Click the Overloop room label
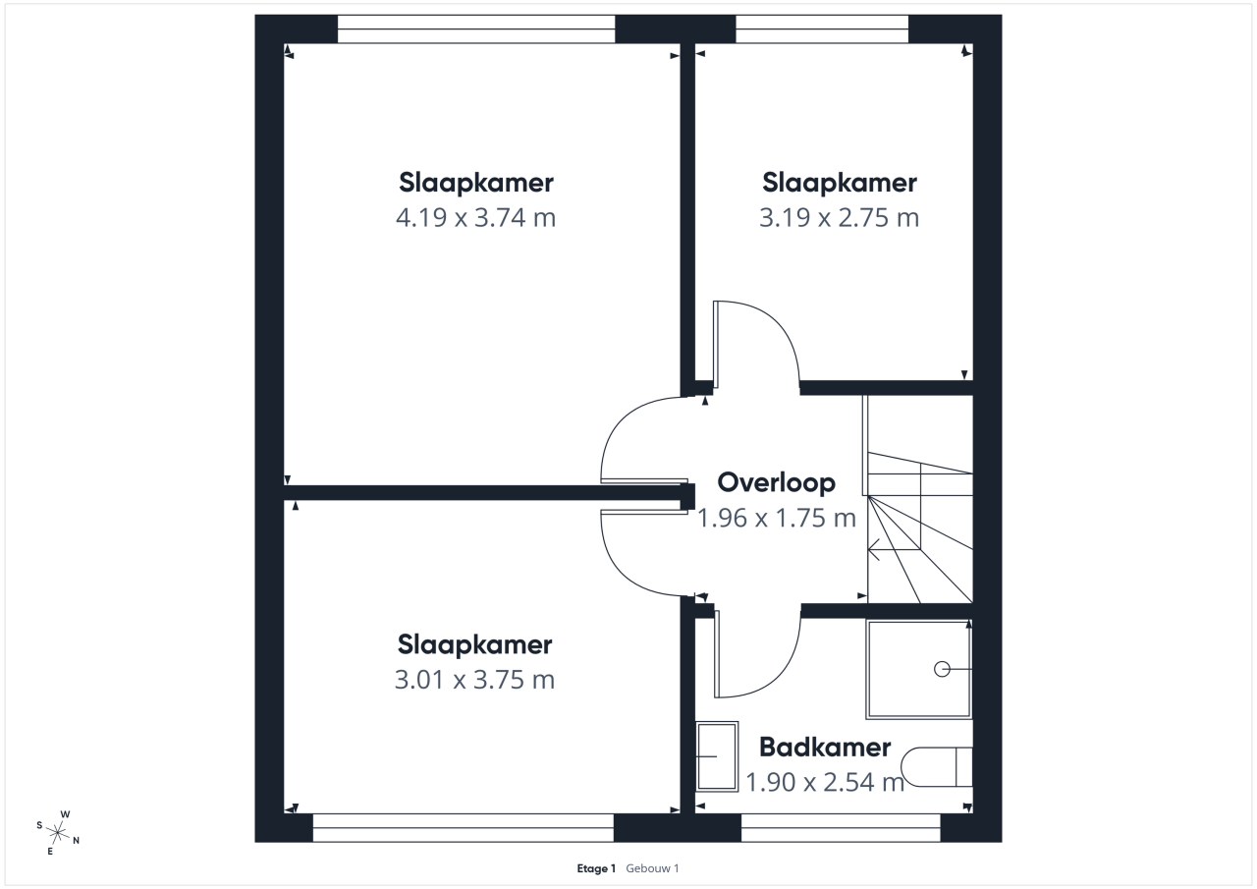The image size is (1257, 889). coord(776,483)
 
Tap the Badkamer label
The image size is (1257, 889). coord(825,747)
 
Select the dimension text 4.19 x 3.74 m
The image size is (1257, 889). coord(476,218)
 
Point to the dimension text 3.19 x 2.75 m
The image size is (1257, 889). coord(839,218)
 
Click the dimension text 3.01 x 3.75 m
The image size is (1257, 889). coord(474,680)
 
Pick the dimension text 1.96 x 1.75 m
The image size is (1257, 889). coord(777,518)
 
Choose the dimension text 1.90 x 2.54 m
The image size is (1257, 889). coord(825,782)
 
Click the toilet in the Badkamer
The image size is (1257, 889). coord(937,766)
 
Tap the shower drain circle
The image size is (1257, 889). coord(942,669)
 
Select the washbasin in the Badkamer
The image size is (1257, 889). coord(717,756)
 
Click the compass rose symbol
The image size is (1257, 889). coord(57,832)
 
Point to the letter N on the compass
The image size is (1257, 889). coord(77,840)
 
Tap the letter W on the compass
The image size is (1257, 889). coord(65,814)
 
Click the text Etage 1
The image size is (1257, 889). coord(596,868)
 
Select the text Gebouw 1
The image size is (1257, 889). coord(652,868)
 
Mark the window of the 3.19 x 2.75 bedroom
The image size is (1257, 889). coord(822,29)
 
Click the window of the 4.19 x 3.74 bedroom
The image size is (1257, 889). coord(476,29)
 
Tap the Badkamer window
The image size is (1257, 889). coord(841,828)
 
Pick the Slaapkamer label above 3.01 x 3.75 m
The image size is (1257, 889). coord(474,644)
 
